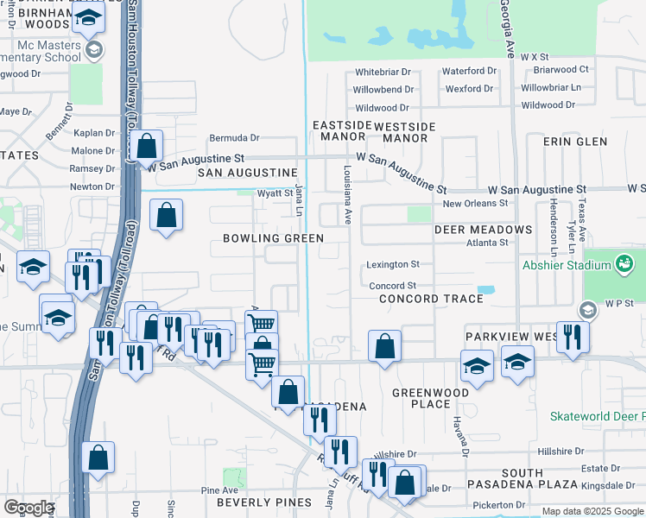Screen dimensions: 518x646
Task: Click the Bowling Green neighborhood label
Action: pyautogui.click(x=273, y=238)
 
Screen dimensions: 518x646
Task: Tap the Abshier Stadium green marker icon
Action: pyautogui.click(x=622, y=262)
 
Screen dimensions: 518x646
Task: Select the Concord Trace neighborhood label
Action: pyautogui.click(x=431, y=299)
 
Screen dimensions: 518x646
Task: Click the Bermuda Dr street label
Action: pyautogui.click(x=234, y=138)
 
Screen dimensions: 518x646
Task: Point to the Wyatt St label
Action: pyautogui.click(x=276, y=193)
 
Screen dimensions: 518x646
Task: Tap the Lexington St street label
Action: pyautogui.click(x=392, y=264)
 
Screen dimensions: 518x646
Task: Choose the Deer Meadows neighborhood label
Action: pyautogui.click(x=483, y=230)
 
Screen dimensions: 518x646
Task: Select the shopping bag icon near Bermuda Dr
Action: pyautogui.click(x=147, y=148)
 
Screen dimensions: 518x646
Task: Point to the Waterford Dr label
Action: pyautogui.click(x=469, y=72)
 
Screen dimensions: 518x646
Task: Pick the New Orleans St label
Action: pyautogui.click(x=475, y=203)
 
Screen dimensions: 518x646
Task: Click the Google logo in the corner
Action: pyautogui.click(x=28, y=508)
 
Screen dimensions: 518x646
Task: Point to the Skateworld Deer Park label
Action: pyautogui.click(x=598, y=416)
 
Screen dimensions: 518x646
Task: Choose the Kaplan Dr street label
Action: pyautogui.click(x=92, y=134)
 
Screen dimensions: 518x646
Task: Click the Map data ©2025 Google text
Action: pyautogui.click(x=592, y=511)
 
